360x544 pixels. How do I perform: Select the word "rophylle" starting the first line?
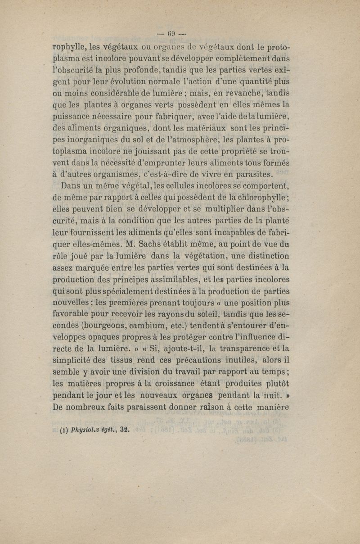(x=68, y=47)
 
